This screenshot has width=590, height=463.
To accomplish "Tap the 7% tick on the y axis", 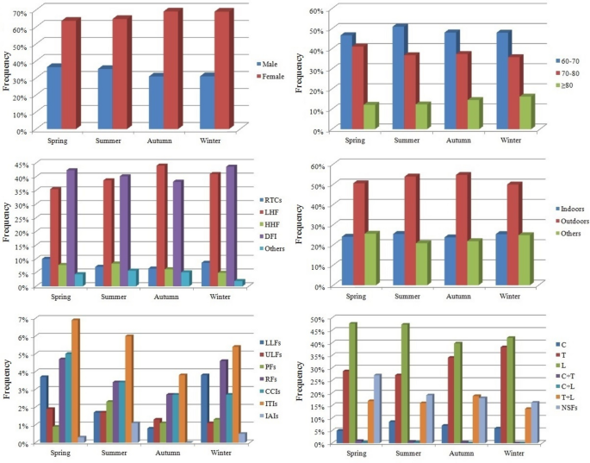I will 25,320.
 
